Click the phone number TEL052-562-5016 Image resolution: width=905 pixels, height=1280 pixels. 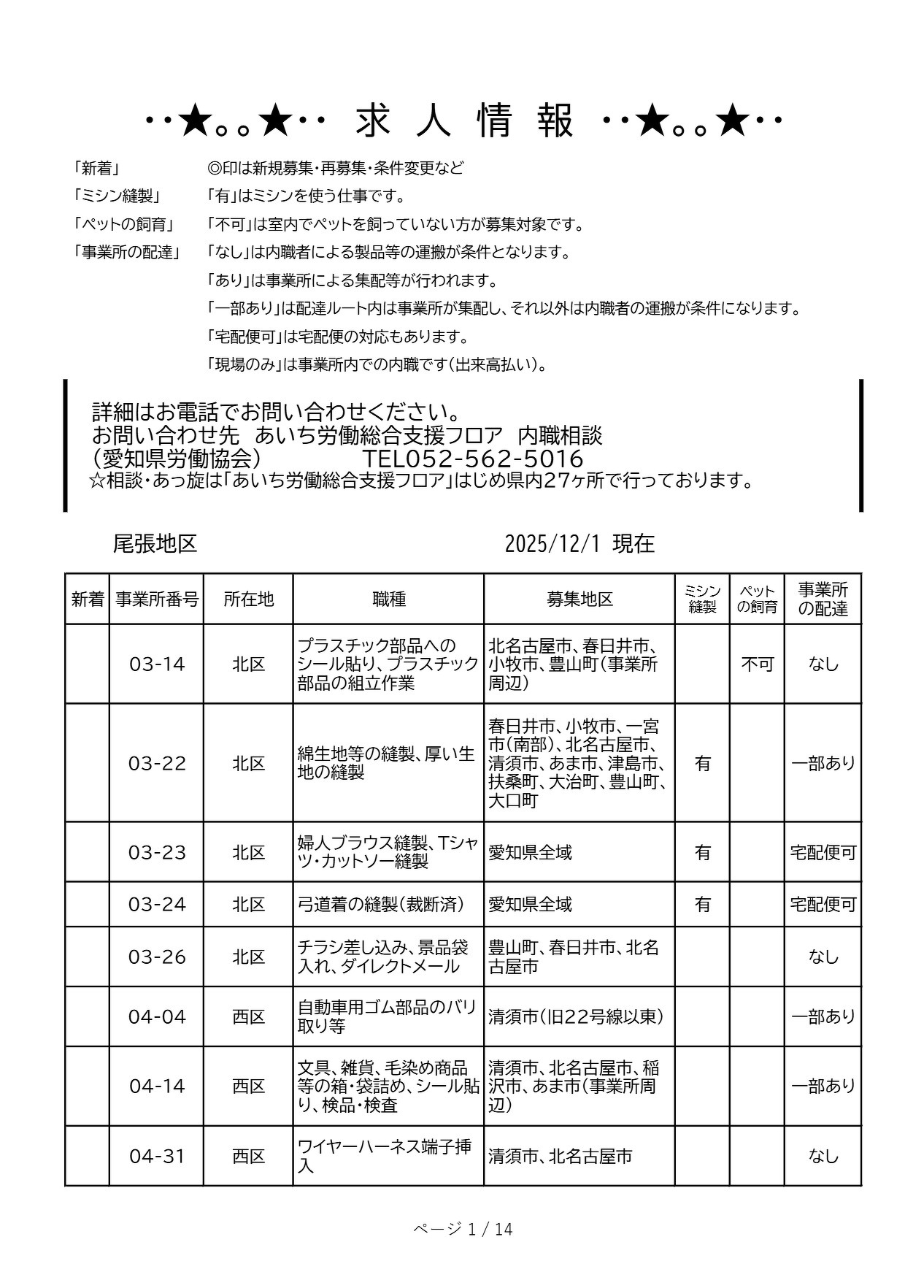[x=473, y=459]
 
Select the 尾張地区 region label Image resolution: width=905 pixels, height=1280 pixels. [x=155, y=543]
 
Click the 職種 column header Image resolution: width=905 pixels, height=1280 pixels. [x=388, y=599]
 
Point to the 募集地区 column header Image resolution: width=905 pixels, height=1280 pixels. [x=579, y=599]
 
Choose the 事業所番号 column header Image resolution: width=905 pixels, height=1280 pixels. [x=157, y=599]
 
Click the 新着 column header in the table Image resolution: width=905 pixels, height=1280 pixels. [x=88, y=599]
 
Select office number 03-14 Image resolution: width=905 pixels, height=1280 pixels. [x=157, y=664]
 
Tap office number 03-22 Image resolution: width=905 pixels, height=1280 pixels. [x=157, y=764]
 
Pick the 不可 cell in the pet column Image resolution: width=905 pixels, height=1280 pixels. [x=757, y=664]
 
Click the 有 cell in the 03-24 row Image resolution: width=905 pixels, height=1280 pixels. [x=702, y=905]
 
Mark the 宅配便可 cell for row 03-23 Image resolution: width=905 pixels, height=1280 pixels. [x=823, y=853]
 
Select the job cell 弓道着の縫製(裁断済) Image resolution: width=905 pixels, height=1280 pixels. [x=381, y=905]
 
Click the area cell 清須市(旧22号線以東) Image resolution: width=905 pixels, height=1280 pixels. [x=577, y=1017]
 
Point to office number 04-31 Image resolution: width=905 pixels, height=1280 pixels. [x=157, y=1157]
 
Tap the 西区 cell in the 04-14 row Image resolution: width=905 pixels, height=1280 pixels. [x=248, y=1087]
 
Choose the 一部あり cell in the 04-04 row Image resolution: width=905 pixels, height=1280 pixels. [x=823, y=1017]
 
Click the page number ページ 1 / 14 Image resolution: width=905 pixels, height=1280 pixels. [x=463, y=1230]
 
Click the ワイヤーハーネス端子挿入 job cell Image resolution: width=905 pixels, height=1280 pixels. [x=384, y=1157]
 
